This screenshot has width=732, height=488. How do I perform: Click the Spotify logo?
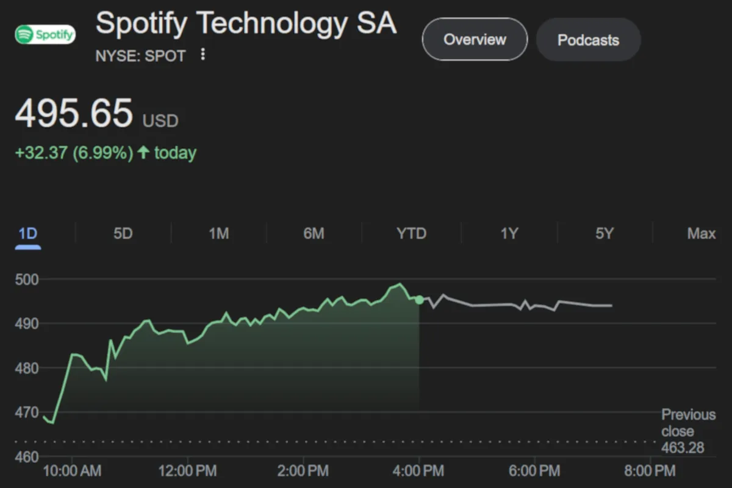(x=45, y=34)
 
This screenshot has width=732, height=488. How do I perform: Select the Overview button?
(x=475, y=40)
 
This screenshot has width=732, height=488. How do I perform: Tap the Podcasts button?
(x=588, y=40)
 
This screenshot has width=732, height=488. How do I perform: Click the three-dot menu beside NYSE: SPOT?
(x=203, y=56)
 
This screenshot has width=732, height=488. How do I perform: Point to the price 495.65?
(x=74, y=113)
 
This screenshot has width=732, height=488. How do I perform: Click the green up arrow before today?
(x=143, y=152)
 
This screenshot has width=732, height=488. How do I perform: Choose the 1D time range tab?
(x=28, y=234)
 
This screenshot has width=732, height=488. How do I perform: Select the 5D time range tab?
(x=123, y=234)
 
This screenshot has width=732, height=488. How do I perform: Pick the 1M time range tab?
(x=218, y=234)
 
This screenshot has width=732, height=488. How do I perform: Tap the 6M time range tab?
(x=314, y=234)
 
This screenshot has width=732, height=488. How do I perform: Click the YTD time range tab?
(x=411, y=234)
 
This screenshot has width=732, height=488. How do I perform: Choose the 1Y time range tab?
(x=509, y=234)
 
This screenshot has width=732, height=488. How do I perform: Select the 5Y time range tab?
(x=605, y=234)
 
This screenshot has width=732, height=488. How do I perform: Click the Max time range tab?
(x=701, y=234)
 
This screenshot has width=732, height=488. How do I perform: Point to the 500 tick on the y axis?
(x=27, y=280)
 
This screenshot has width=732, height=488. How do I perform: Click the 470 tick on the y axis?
(x=27, y=412)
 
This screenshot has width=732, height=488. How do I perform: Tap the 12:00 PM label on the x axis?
(x=187, y=471)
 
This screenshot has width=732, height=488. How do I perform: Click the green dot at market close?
(x=419, y=300)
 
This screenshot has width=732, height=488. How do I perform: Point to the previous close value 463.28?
(x=683, y=448)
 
